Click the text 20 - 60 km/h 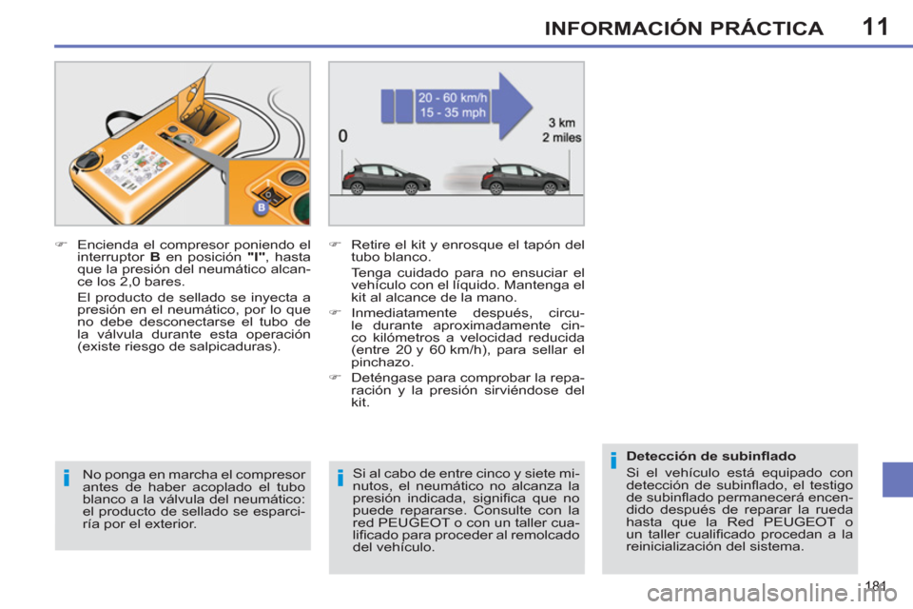coord(454,96)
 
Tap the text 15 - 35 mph coord(454,113)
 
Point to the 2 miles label coord(561,137)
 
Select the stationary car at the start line coord(385,177)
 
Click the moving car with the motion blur coord(523,177)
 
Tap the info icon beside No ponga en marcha coord(68,478)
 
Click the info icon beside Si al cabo coord(340,478)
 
